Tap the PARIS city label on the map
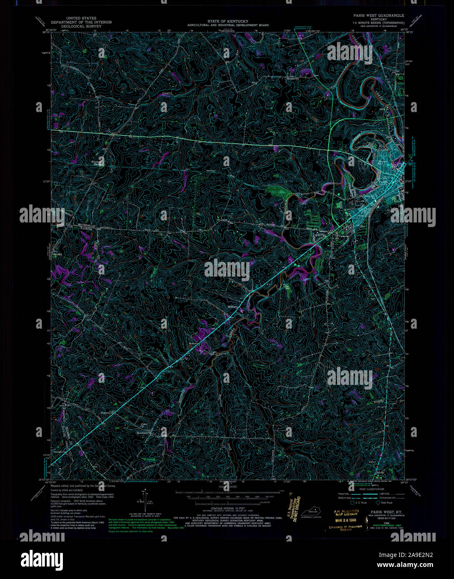[x=384, y=182]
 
